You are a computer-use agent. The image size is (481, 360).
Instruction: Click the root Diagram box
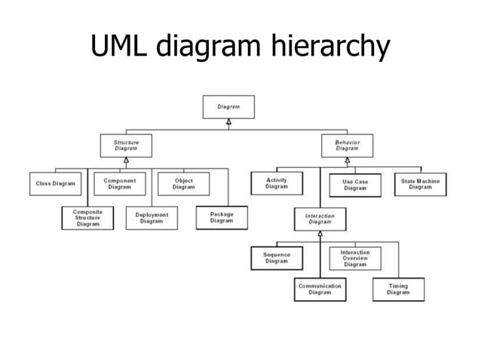228,107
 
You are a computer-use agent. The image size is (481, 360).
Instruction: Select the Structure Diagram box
126,145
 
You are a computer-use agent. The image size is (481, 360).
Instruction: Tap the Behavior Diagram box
347,145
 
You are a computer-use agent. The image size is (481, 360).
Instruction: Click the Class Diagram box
55,184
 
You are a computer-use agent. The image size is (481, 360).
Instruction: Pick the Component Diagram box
120,184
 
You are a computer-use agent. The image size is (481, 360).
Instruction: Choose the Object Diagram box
183,184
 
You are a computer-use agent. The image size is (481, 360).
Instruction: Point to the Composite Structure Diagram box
87,218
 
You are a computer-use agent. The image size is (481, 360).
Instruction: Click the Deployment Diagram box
152,218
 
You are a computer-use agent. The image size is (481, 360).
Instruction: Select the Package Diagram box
222,217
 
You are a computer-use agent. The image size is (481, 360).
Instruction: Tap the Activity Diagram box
277,183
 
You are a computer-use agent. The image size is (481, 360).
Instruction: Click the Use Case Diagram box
354,185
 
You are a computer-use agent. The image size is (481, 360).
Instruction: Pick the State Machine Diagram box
420,184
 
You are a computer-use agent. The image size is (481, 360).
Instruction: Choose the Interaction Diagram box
320,219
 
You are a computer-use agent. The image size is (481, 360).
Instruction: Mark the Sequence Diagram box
277,258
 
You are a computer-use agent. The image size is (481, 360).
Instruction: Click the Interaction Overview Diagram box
354,258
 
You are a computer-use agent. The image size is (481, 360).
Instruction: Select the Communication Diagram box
320,289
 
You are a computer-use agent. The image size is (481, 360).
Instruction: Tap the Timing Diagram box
398,289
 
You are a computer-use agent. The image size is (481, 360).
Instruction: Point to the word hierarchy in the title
327,48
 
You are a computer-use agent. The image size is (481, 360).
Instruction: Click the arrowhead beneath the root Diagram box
228,121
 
